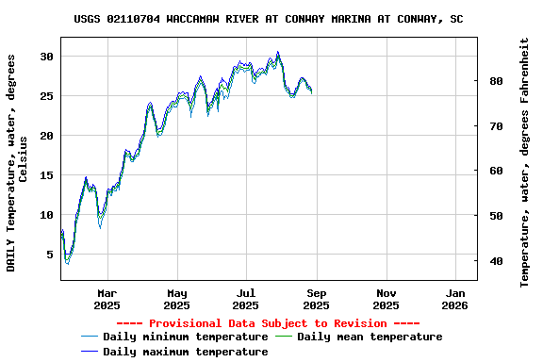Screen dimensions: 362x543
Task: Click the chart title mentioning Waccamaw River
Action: click(x=269, y=19)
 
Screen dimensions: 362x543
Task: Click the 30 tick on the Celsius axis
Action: click(x=46, y=57)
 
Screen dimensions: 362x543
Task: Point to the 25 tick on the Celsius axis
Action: click(x=46, y=96)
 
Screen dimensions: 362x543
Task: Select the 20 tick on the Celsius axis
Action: click(x=46, y=136)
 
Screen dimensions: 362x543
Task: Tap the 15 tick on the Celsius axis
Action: click(x=46, y=175)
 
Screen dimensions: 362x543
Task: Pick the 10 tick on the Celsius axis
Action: click(x=46, y=215)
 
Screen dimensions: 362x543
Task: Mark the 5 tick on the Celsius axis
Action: click(x=49, y=255)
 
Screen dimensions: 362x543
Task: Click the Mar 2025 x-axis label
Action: click(x=107, y=299)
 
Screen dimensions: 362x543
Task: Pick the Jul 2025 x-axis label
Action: click(x=246, y=299)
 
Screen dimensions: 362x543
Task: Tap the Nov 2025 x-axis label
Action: click(x=386, y=299)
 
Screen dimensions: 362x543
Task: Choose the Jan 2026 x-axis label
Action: click(x=454, y=299)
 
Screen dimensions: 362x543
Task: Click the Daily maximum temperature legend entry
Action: click(x=185, y=352)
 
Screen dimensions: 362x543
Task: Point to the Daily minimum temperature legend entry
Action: click(x=185, y=337)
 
